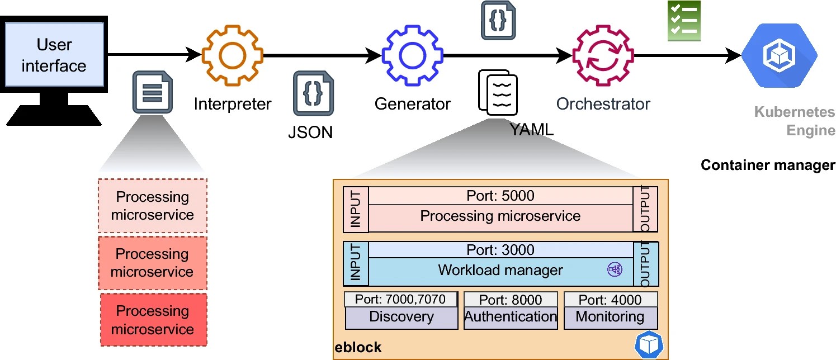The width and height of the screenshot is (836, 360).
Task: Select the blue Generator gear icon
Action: [x=413, y=55]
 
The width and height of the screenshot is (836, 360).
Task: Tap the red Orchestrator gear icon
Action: [x=602, y=55]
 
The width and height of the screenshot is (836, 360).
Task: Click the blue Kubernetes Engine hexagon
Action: [x=780, y=55]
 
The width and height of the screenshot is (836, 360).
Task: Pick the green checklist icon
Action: [x=683, y=21]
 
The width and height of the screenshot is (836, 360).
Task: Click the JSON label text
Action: [x=310, y=132]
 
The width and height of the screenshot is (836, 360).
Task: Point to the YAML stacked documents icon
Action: [x=497, y=92]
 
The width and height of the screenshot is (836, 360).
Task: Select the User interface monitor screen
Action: [x=54, y=55]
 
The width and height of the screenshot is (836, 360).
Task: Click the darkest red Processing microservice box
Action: [x=153, y=320]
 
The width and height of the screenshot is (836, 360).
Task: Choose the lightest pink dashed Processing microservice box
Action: [x=152, y=206]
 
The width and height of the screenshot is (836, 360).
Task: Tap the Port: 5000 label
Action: [x=500, y=196]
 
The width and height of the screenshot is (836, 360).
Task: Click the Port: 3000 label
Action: [x=500, y=250]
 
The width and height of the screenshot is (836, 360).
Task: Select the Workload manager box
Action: [x=500, y=271]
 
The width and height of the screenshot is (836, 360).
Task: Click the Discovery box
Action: [x=401, y=318]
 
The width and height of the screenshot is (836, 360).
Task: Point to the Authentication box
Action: [x=511, y=318]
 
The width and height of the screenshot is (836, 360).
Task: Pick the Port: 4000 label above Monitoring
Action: [x=610, y=300]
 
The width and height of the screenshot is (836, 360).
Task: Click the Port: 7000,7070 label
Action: [x=401, y=300]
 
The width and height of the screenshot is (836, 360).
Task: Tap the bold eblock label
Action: [x=358, y=348]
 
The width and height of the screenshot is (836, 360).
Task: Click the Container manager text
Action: [x=767, y=165]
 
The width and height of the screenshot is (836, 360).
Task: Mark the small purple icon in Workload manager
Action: [x=614, y=269]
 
